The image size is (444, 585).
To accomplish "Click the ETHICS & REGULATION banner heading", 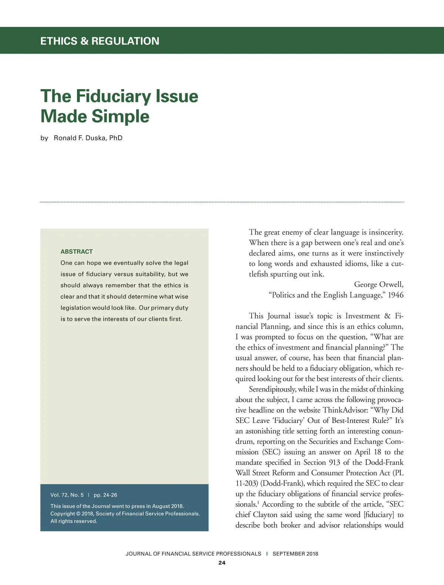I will pos(100,41).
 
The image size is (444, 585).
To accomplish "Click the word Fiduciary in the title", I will pos(114,96).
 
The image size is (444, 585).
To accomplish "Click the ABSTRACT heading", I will pos(77,251).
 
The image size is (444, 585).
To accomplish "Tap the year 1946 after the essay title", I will pos(396,295).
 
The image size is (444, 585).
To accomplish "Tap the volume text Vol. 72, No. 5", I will pos(67,495).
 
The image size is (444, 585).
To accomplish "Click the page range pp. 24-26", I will pos(105,495).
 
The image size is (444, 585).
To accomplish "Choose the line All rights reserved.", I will pos(74,521).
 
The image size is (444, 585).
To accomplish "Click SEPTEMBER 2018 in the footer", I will pos(295,554).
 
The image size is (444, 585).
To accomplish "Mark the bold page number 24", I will pos(222,563).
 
